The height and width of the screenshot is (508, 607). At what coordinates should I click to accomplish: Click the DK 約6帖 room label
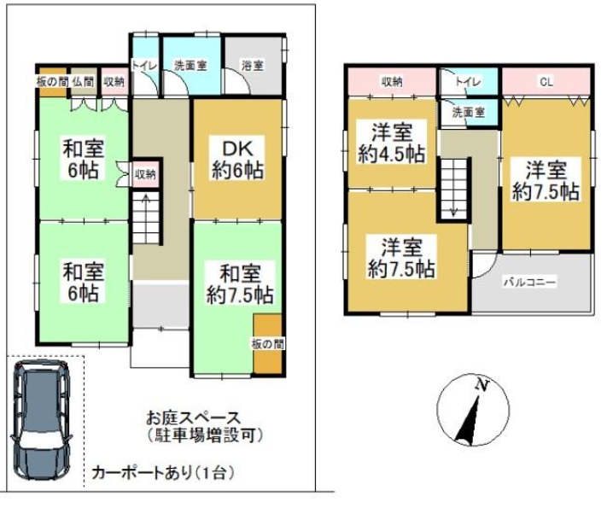coord(237,160)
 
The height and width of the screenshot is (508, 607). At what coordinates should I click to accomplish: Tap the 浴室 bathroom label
coord(253,66)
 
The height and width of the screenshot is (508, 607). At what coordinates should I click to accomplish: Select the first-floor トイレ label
coord(144,65)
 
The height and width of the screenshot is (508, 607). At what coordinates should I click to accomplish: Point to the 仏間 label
coord(83,82)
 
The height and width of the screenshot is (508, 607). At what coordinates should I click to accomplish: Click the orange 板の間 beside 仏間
coord(53,82)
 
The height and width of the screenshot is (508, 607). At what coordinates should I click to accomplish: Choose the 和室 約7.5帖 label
coord(240,284)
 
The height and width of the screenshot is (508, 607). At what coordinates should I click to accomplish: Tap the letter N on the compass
coord(482,385)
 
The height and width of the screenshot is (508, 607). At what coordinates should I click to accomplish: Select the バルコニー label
coord(529,282)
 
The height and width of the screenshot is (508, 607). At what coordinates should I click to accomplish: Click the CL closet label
coord(546,82)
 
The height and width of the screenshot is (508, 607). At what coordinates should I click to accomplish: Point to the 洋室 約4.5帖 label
coord(392,143)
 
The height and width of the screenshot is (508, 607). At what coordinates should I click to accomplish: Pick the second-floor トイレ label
coord(468,82)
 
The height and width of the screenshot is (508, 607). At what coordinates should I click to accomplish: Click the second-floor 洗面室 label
coord(469,113)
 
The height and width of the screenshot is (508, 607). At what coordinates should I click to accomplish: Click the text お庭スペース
coord(193,417)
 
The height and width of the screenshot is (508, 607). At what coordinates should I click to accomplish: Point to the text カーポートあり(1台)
coord(162,473)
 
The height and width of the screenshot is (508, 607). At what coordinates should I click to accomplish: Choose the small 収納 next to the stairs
coord(145,174)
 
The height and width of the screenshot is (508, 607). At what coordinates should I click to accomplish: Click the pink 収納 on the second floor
coord(392,82)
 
